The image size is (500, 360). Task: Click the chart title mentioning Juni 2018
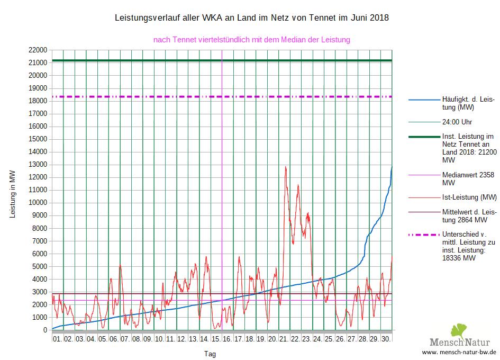coord(252,18)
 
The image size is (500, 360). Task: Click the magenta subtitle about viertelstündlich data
coord(252,39)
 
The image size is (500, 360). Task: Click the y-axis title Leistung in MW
coord(13,194)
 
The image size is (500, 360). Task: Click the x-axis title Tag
coord(210,354)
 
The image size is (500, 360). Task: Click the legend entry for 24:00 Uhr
coord(457,121)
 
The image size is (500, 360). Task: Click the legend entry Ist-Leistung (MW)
coord(469,197)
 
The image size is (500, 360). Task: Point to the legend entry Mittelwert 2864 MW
coord(469,216)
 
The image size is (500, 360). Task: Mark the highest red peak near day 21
coord(286,167)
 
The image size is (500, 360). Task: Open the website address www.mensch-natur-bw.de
coord(459,352)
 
